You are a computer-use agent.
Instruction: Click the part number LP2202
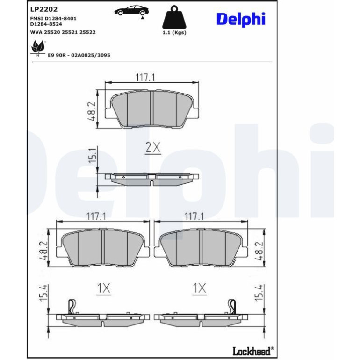point(44,9)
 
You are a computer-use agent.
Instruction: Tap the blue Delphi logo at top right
point(241,19)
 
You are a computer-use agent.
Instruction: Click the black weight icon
point(174,17)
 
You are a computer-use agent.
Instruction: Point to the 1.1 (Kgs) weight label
point(174,33)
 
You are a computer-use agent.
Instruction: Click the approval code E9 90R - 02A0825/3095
point(79,55)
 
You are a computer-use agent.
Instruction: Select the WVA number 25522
point(87,32)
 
